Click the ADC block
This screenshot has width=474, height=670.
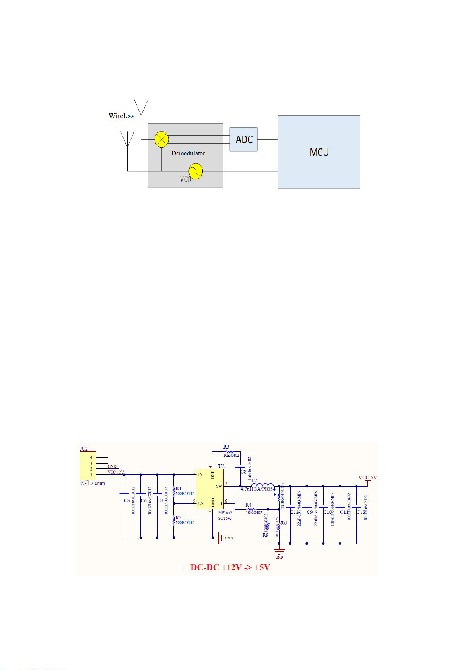click(243, 140)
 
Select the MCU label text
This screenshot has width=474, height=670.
click(319, 152)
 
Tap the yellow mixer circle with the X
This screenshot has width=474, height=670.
click(161, 139)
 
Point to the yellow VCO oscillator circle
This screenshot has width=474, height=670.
click(195, 171)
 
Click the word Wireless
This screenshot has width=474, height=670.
click(121, 116)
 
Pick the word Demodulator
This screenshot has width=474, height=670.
click(188, 153)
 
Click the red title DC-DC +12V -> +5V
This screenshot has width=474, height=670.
click(230, 567)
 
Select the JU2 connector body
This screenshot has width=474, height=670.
click(87, 466)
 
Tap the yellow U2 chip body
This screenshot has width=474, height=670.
click(210, 489)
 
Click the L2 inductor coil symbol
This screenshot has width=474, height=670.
click(262, 485)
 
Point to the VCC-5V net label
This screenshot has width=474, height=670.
click(367, 478)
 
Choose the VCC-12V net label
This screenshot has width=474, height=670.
click(116, 472)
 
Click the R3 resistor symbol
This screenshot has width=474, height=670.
click(229, 452)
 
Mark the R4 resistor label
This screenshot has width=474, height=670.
click(249, 505)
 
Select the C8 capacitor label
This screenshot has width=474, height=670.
click(243, 472)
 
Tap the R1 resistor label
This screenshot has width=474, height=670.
click(179, 489)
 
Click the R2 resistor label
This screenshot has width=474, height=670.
click(179, 518)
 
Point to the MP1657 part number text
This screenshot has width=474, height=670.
click(225, 513)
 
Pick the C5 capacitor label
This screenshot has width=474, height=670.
click(127, 501)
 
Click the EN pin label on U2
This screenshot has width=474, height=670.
click(201, 503)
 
